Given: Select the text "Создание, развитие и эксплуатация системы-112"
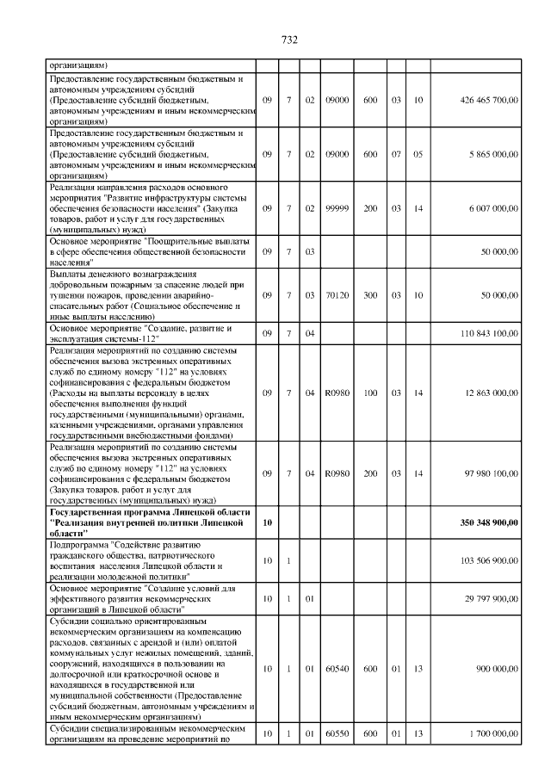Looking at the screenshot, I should [x=142, y=333].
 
